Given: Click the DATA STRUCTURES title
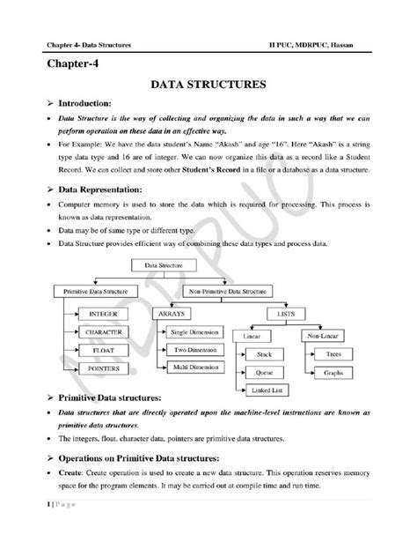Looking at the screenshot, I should pyautogui.click(x=208, y=86).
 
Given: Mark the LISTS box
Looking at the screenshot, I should pyautogui.click(x=284, y=313).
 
